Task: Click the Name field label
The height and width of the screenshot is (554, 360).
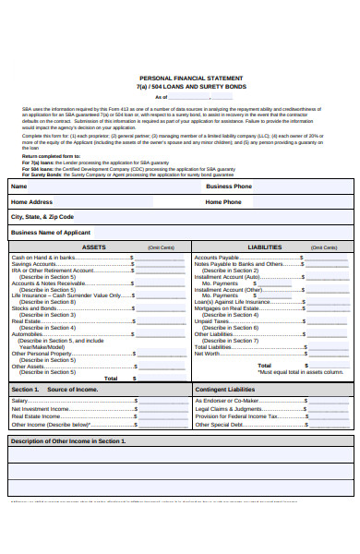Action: (x=18, y=186)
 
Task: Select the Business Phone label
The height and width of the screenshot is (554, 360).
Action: (x=229, y=186)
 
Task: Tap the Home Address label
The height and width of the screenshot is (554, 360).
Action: (x=31, y=201)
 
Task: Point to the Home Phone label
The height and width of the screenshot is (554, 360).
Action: (x=224, y=201)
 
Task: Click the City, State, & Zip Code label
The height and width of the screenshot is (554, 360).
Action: (x=42, y=217)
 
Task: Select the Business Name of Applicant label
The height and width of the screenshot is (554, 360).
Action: (x=51, y=233)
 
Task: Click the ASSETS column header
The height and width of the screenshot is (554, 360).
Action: (x=94, y=247)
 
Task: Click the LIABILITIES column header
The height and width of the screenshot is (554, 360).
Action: (x=266, y=247)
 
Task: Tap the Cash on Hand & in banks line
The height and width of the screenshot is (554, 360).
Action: (x=43, y=258)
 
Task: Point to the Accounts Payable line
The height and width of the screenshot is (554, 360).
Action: (x=219, y=258)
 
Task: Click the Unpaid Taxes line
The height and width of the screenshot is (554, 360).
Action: (x=212, y=321)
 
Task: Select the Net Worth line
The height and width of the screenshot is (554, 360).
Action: (x=208, y=353)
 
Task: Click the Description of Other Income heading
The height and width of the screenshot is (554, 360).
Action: (x=67, y=441)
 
